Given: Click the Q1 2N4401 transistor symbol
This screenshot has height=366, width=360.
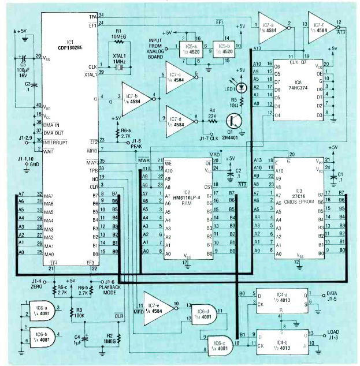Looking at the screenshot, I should click(232, 121).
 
